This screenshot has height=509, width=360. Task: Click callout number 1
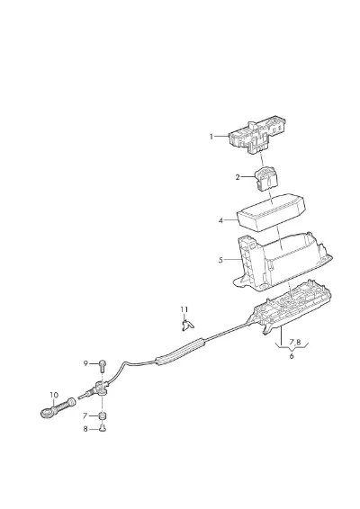[x=211, y=137]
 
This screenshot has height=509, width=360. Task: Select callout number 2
[x=238, y=177]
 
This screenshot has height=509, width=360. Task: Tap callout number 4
[x=221, y=220]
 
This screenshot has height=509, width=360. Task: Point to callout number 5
[x=220, y=260]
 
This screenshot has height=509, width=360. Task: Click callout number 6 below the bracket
[x=292, y=356]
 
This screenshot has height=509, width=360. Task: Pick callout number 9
[x=85, y=363]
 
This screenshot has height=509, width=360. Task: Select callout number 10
[x=54, y=395]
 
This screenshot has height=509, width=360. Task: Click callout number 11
[x=184, y=309]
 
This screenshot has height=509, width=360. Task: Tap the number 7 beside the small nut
[x=85, y=415]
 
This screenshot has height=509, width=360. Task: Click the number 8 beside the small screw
[x=85, y=429]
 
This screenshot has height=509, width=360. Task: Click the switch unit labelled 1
[x=258, y=135]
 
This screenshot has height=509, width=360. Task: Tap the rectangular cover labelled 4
[x=271, y=212]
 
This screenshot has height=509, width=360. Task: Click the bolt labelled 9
[x=103, y=365]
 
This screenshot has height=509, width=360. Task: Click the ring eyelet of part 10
[x=47, y=413]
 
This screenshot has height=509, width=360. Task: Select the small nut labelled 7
[x=103, y=415]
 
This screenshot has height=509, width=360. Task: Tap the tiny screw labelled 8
[x=103, y=429]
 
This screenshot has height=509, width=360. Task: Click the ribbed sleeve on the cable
[x=181, y=353]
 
